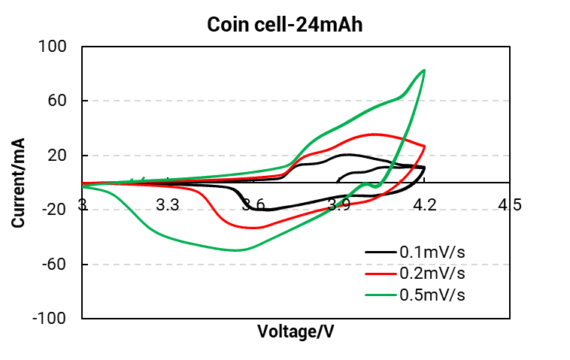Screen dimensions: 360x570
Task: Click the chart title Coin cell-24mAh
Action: (286, 25)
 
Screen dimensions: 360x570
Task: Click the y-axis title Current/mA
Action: (17, 183)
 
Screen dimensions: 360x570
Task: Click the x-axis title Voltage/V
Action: (296, 331)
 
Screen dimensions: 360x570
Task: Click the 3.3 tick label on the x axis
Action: (167, 204)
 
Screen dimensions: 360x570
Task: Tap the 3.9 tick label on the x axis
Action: (339, 204)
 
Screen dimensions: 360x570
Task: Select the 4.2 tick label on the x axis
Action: (425, 204)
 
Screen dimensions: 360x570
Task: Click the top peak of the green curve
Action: (424, 71)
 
